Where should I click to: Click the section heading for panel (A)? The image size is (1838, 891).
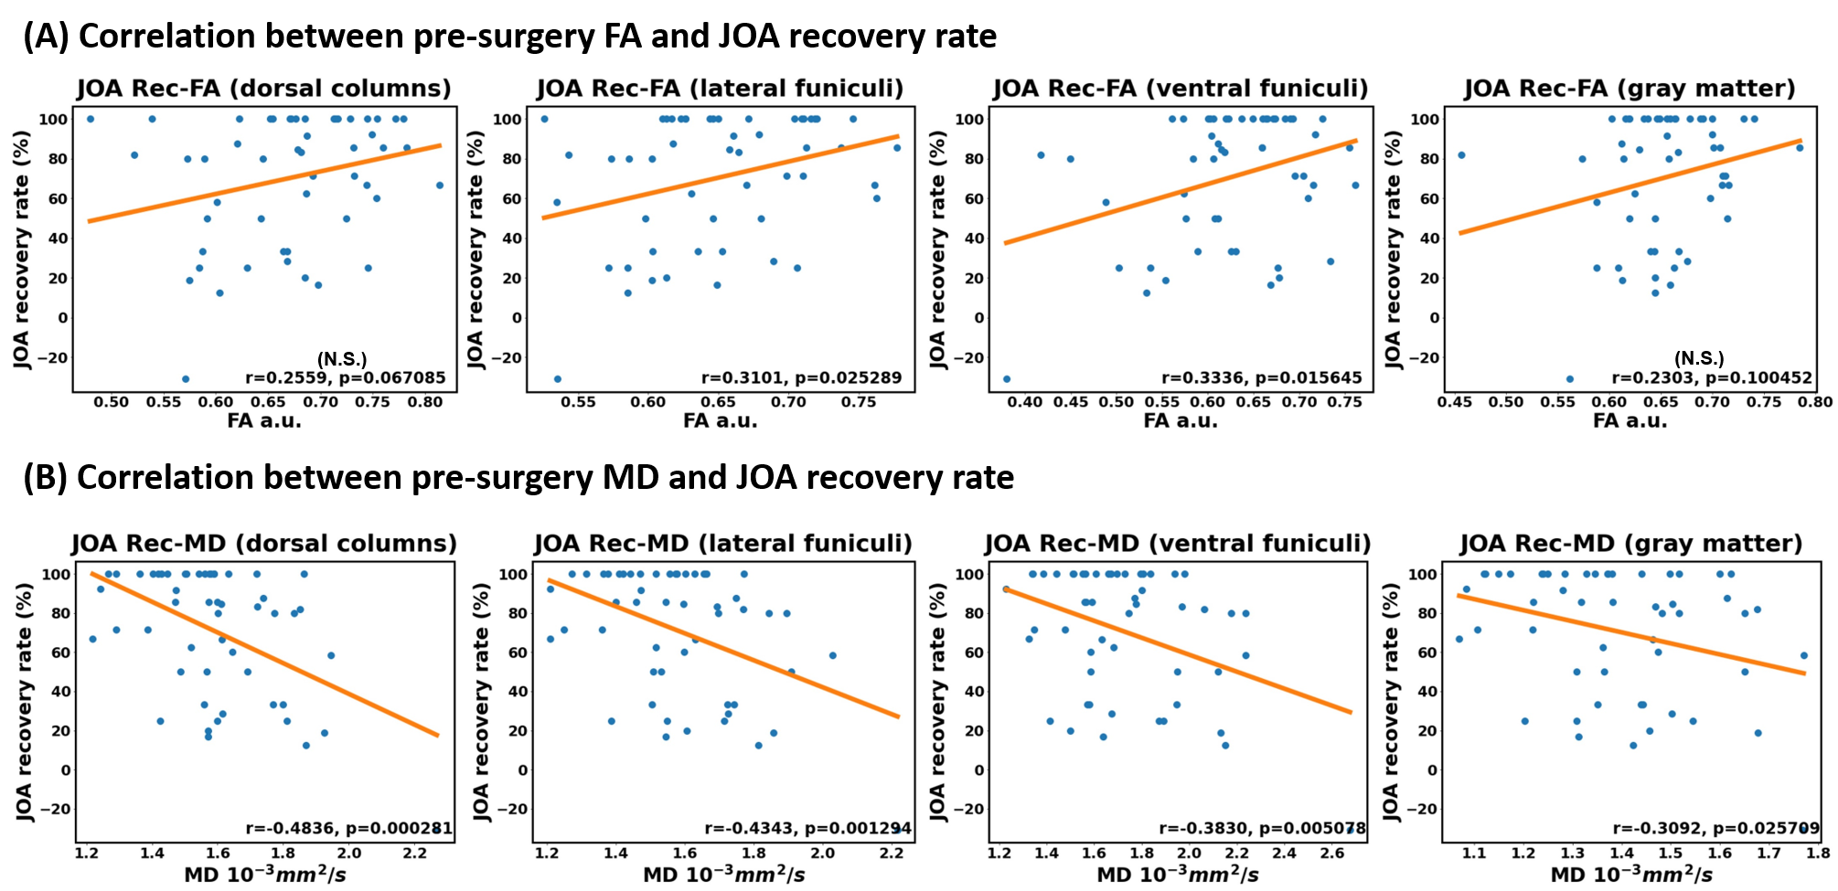pos(509,37)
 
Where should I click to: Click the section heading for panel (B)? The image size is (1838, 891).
pos(518,478)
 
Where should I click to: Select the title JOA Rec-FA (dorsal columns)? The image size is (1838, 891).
pos(263,89)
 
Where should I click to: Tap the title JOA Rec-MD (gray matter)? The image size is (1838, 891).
pos(1630,544)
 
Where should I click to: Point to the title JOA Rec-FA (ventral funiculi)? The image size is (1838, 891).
pos(1181,89)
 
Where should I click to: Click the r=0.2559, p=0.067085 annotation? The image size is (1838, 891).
pos(345,377)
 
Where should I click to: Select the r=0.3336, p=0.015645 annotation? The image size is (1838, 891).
pos(1261,377)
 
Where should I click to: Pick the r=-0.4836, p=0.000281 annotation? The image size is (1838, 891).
pos(348,829)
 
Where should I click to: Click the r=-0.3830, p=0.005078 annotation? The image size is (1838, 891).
pos(1262,829)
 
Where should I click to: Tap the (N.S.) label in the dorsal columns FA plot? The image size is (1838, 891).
pos(342,358)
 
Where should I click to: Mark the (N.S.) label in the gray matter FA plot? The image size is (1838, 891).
pos(1699,358)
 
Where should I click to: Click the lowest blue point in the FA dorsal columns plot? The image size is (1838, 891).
pos(186,379)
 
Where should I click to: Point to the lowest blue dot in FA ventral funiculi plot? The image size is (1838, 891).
pos(1007,379)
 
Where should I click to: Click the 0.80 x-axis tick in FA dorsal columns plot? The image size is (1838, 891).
pos(425,402)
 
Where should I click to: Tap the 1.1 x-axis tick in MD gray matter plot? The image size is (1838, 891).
pos(1474,854)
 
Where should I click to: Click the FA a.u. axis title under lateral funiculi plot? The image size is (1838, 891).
pos(721,421)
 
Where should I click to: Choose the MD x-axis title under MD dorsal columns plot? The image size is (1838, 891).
pos(265,875)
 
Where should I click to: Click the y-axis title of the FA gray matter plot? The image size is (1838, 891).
pos(1393,249)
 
